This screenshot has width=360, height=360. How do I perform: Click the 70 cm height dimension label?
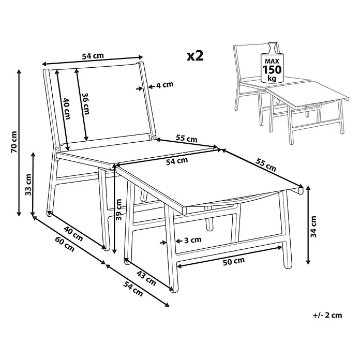(x=14, y=142)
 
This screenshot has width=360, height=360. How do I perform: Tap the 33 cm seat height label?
(x=28, y=185)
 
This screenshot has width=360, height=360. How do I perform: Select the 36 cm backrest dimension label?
(x=86, y=103)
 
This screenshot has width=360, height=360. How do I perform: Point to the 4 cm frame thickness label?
(x=164, y=85)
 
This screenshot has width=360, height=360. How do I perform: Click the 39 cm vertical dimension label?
(x=118, y=209)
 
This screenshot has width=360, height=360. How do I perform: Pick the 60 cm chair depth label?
(x=65, y=244)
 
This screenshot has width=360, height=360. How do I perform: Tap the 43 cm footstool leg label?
(x=146, y=278)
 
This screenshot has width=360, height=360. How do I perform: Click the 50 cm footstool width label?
(x=234, y=261)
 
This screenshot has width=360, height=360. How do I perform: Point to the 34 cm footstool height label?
(x=313, y=227)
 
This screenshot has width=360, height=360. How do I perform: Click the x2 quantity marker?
(x=195, y=56)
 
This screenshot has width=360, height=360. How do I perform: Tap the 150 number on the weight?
(x=272, y=69)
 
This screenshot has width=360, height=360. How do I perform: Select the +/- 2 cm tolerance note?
(x=327, y=315)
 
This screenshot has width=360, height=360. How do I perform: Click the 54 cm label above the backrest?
(x=93, y=56)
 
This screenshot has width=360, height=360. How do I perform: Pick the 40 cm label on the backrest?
(x=67, y=109)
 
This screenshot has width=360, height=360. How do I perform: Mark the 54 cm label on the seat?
(x=177, y=161)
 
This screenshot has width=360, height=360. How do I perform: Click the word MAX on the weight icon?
(x=272, y=62)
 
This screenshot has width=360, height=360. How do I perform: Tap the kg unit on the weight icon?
(x=272, y=79)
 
